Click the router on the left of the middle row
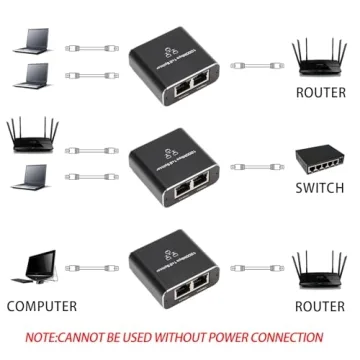[x=31, y=135]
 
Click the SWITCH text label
[x=321, y=188]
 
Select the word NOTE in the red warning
[x=43, y=337]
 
